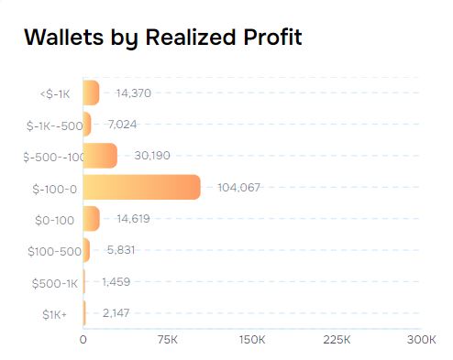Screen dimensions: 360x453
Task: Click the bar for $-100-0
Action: click(x=141, y=187)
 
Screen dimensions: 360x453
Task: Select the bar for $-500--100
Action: click(x=100, y=156)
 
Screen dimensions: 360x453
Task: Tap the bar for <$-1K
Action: click(x=91, y=93)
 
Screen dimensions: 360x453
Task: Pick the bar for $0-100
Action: click(x=91, y=218)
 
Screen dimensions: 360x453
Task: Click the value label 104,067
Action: click(x=238, y=187)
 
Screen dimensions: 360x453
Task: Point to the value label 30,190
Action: click(x=151, y=156)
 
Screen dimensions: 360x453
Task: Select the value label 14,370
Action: click(x=133, y=93)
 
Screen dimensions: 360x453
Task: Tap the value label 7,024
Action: click(x=122, y=124)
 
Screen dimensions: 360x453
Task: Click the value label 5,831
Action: click(x=121, y=249)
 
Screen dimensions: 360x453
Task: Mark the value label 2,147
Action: click(x=116, y=312)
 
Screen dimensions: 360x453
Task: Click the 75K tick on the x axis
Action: click(x=168, y=340)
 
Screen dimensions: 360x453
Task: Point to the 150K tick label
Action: click(x=252, y=340)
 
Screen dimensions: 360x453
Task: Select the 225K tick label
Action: click(x=337, y=340)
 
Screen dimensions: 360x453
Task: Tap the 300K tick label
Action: click(x=421, y=340)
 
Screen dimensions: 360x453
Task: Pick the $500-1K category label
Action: click(x=53, y=281)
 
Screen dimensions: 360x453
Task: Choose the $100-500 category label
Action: click(x=50, y=250)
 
